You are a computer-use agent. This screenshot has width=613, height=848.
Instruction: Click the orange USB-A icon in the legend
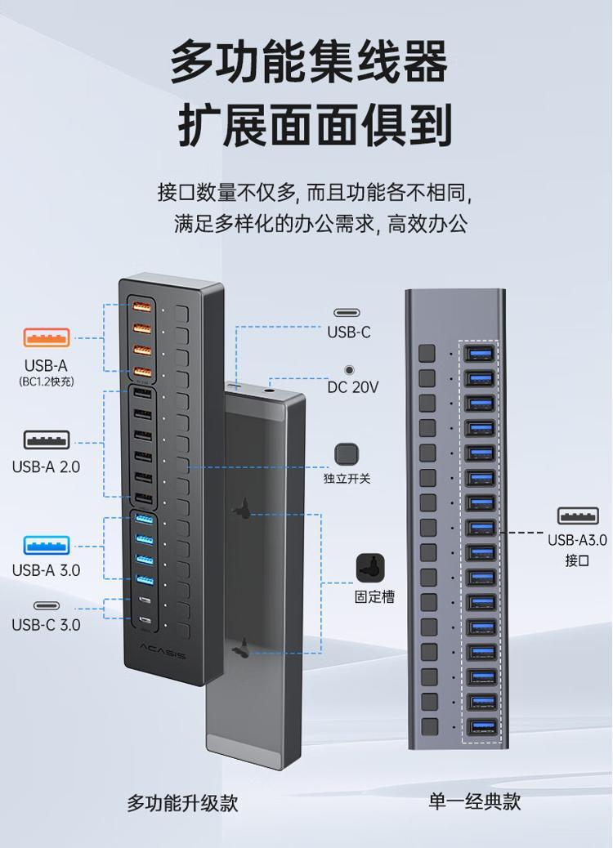tap(47, 337)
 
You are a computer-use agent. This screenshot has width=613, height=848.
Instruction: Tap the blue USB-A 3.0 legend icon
tap(47, 545)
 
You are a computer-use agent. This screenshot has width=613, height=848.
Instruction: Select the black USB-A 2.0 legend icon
tap(47, 440)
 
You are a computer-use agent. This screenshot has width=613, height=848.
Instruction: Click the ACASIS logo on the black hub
tap(163, 651)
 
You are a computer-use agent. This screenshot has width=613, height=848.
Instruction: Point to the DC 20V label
tap(353, 387)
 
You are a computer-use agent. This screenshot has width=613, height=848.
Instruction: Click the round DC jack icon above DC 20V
tap(350, 370)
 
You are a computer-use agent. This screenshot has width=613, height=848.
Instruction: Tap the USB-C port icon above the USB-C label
tap(347, 313)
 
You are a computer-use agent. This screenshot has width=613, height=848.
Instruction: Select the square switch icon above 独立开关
tap(347, 454)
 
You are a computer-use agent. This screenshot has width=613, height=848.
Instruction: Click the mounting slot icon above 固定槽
tap(370, 568)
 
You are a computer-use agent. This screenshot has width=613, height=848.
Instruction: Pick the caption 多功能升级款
tap(182, 802)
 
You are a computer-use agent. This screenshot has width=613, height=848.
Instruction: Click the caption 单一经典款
tap(475, 801)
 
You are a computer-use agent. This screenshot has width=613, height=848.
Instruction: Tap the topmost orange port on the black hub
tap(142, 307)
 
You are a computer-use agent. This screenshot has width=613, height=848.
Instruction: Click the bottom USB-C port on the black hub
tap(145, 620)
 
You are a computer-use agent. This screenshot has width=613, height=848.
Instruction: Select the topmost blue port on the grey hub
tap(481, 354)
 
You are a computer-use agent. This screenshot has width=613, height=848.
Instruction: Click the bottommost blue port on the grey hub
tap(481, 726)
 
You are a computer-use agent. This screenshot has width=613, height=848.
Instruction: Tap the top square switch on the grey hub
tap(427, 353)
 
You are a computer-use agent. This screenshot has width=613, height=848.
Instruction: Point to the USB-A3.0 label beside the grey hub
tap(577, 540)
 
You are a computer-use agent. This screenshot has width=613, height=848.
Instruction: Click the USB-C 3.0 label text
tap(46, 625)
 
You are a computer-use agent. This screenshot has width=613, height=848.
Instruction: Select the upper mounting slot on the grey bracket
tap(243, 509)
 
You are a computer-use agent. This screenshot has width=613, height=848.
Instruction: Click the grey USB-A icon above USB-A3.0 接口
tap(578, 516)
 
